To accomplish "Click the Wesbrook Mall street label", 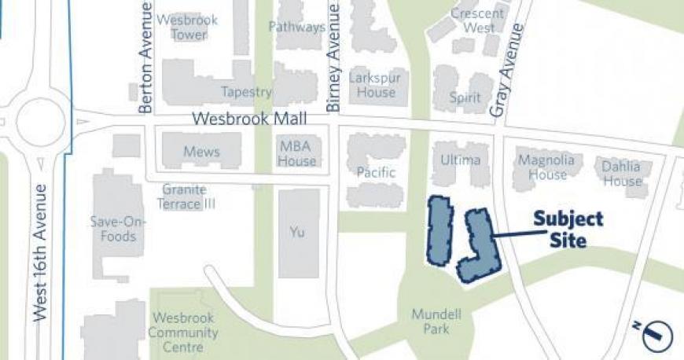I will (249, 119).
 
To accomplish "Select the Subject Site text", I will (568, 230).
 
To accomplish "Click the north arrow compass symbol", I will (656, 336).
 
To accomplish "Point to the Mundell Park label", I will (436, 321).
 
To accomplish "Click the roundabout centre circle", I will (40, 122).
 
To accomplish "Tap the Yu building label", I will (297, 232).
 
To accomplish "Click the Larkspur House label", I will (377, 85).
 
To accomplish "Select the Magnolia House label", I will (546, 167).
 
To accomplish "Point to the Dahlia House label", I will (622, 174).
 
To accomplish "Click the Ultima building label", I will (460, 160).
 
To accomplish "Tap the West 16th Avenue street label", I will (42, 252).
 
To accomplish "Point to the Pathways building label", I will (296, 27).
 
